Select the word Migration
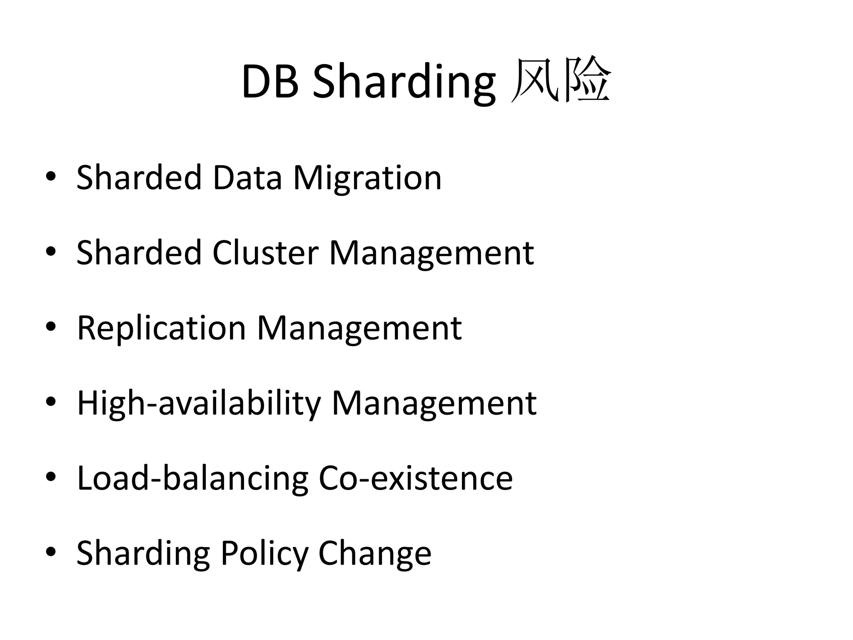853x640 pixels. [367, 178]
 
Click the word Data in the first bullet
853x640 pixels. [247, 178]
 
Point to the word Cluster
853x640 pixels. [265, 253]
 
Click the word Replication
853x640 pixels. [162, 328]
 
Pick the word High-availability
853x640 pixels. [199, 403]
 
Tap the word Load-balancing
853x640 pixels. [193, 478]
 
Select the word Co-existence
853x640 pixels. [416, 478]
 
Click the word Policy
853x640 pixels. [264, 553]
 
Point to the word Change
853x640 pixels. [375, 553]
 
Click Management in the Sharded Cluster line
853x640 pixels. [431, 253]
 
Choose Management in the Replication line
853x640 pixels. [359, 328]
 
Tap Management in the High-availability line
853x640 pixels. [434, 403]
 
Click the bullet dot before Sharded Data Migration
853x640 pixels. [51, 177]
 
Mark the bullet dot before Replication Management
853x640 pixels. [51, 327]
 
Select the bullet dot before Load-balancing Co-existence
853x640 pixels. [51, 477]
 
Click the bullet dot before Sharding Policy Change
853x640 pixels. [51, 552]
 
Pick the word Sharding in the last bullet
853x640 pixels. [143, 553]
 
